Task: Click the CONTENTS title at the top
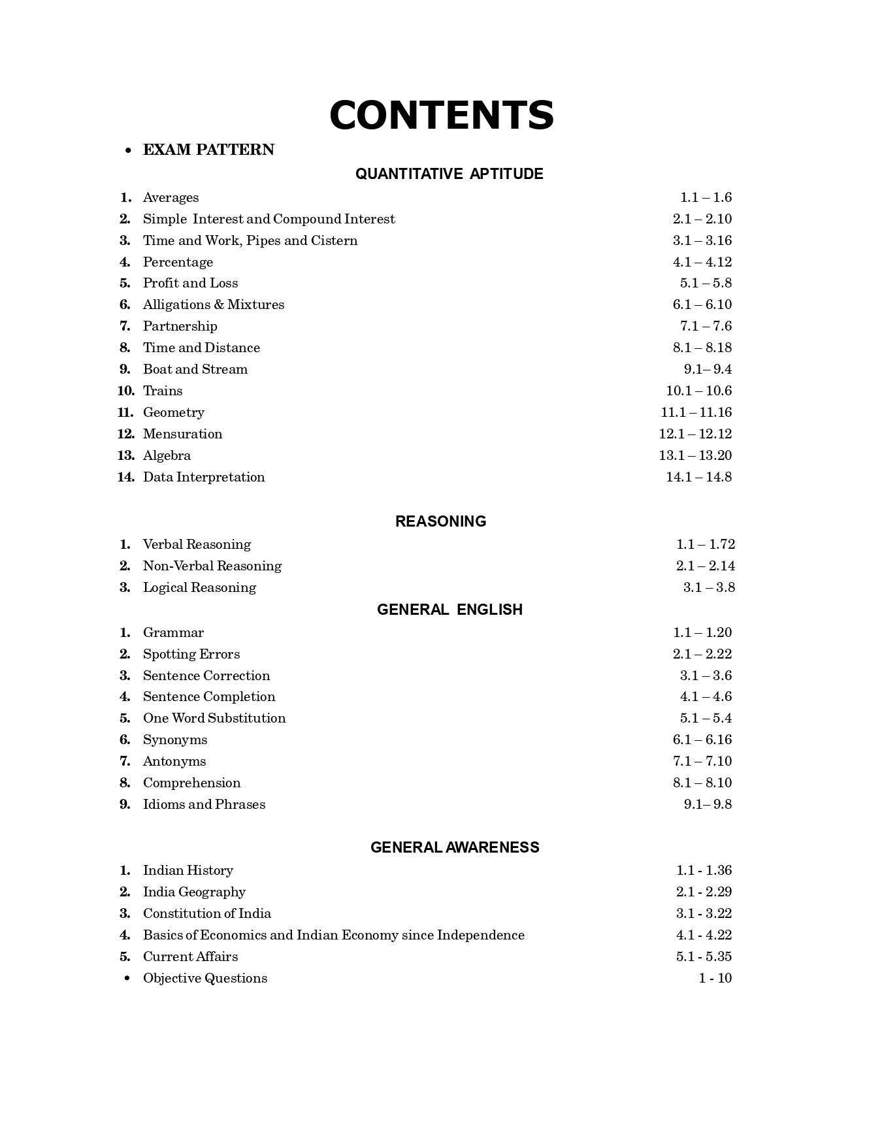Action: coord(442,116)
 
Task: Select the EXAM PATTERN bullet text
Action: coord(208,150)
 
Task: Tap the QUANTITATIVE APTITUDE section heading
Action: coord(449,174)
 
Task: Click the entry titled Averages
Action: coord(171,197)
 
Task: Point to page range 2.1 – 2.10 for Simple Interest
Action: coord(702,219)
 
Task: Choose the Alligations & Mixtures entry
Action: coord(214,304)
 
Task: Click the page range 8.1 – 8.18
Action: coord(702,348)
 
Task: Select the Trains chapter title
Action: coord(163,391)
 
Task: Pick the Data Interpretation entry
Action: coord(204,477)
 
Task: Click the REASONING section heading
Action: coord(440,521)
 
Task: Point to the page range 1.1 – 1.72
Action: coord(705,544)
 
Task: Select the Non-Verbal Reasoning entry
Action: coord(212,566)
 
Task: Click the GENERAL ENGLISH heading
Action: coord(449,610)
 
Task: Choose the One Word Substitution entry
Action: coord(214,718)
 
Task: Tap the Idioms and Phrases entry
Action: coord(204,804)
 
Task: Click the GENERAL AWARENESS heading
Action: coord(455,847)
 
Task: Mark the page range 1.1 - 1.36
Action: coord(704,870)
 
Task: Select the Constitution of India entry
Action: coord(207,913)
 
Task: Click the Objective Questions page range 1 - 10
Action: coord(715,978)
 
